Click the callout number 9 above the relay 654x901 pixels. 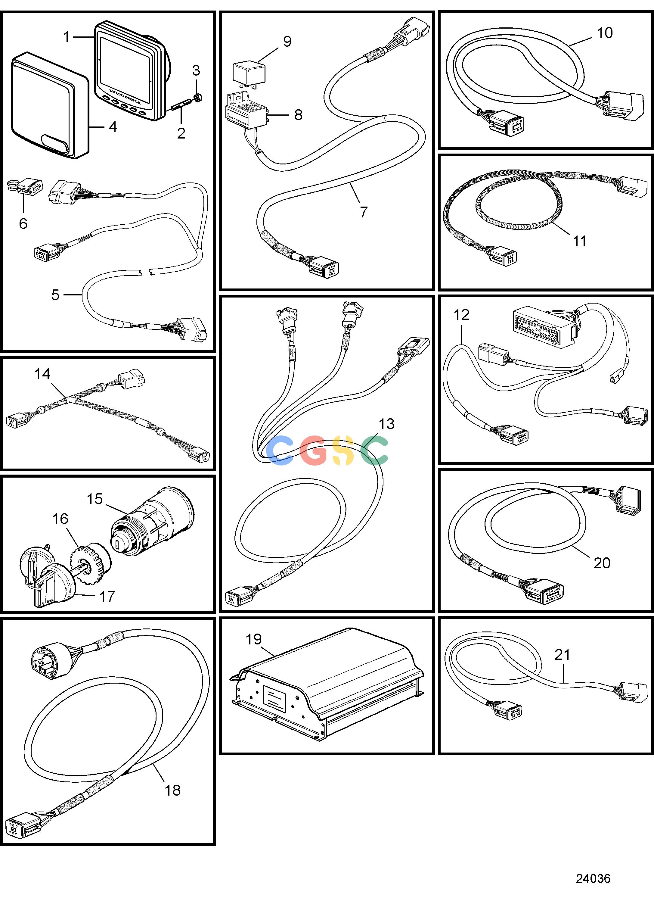(x=287, y=41)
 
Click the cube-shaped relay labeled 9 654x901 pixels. (x=249, y=73)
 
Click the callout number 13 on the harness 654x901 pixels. (x=386, y=424)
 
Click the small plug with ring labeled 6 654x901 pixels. (x=25, y=186)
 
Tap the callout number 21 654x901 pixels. (x=562, y=654)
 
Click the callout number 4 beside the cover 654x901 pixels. (x=113, y=127)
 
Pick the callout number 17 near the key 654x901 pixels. (x=107, y=596)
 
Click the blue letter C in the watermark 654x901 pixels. (x=280, y=450)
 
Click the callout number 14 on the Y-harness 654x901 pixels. (x=42, y=374)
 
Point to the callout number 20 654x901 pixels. (x=602, y=563)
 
